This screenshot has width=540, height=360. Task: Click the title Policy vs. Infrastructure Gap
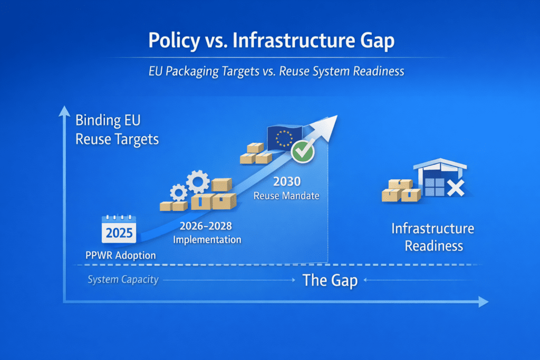(x=272, y=41)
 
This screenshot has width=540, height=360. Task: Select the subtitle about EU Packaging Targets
(x=276, y=71)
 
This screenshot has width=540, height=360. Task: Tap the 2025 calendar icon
(x=119, y=229)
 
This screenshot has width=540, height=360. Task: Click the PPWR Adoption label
(x=121, y=255)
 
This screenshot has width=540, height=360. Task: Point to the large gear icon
(x=198, y=181)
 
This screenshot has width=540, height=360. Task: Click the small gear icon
(x=178, y=192)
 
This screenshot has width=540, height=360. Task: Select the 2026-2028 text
(x=206, y=226)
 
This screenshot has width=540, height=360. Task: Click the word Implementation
(x=207, y=239)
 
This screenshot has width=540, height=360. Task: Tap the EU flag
(x=284, y=138)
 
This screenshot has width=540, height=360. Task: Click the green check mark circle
(x=302, y=151)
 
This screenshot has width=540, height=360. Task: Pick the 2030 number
(x=287, y=181)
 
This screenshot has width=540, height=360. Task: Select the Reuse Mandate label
(x=286, y=196)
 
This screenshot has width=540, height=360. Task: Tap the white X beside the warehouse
(x=456, y=188)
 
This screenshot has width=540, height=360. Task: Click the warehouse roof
(x=440, y=164)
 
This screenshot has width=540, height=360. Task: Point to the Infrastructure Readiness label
(x=433, y=237)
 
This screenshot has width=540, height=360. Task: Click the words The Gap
(x=330, y=280)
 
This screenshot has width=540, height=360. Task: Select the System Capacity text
(x=123, y=279)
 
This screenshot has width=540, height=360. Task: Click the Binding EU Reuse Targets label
(x=117, y=130)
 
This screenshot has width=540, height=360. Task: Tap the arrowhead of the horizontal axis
(x=483, y=302)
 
